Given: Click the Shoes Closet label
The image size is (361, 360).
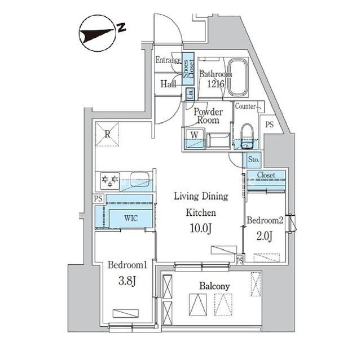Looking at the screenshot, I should [187, 68].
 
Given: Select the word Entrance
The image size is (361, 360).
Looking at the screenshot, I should [168, 60].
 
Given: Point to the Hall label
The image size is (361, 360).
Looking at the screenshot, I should [168, 84].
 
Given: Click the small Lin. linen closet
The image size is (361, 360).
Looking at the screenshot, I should [190, 94].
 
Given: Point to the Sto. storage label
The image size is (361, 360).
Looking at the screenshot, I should [253, 159].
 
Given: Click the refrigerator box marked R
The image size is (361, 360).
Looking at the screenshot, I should [107, 133].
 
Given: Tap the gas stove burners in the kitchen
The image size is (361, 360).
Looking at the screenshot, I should [109, 180].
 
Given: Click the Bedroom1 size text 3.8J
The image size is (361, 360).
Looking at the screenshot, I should [125, 281].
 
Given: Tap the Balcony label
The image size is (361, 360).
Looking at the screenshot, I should [214, 286].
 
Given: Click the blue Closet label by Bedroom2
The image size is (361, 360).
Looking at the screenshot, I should [266, 175].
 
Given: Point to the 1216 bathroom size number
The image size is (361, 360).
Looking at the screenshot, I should [215, 84].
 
